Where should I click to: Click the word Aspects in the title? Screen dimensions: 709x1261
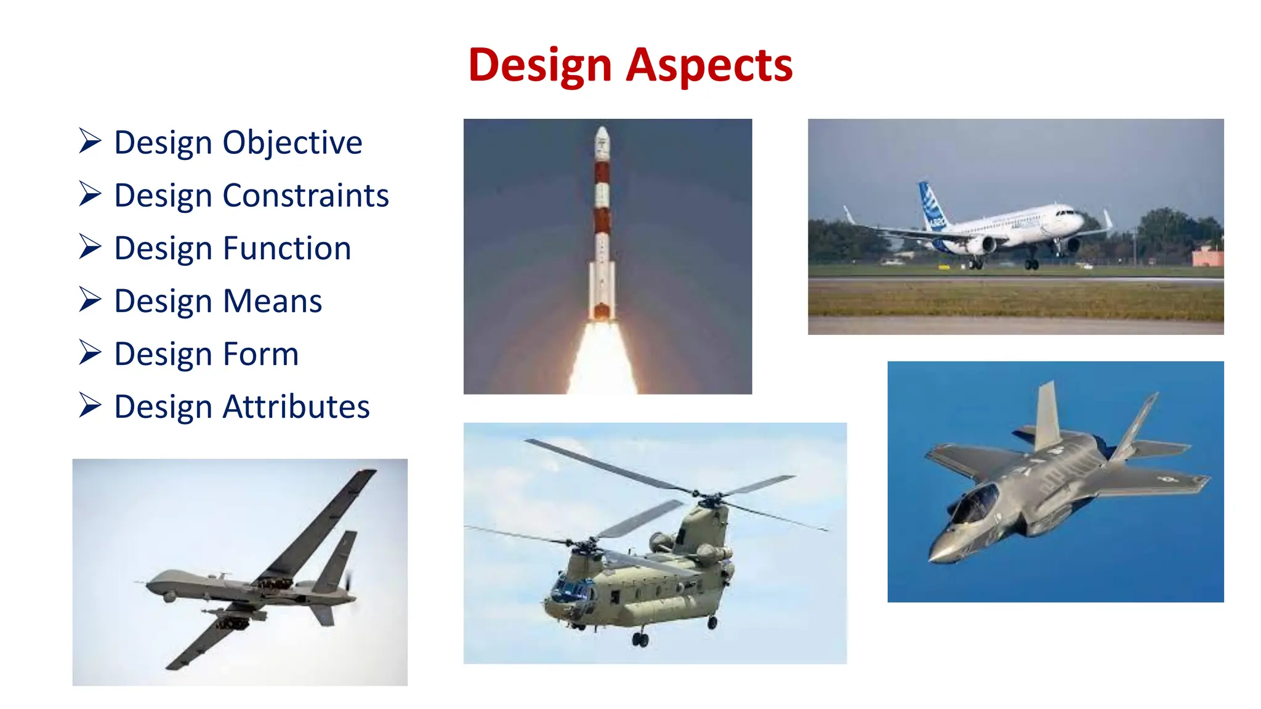coord(709,65)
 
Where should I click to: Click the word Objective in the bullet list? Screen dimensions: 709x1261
coord(292,143)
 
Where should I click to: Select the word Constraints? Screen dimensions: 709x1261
coord(305,196)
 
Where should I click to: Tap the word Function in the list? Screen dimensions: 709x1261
coord(287,249)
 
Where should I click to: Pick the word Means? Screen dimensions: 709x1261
coord(272,302)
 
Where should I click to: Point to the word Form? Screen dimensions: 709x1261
coord(260,354)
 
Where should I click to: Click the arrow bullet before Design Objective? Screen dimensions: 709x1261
coord(90,141)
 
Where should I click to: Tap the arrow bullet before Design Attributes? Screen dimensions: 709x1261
coord(90,406)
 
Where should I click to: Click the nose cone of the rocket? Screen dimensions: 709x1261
coord(602,134)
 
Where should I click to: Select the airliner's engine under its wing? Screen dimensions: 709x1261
coord(981,245)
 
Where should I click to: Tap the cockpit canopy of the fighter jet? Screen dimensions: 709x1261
coord(976,502)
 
